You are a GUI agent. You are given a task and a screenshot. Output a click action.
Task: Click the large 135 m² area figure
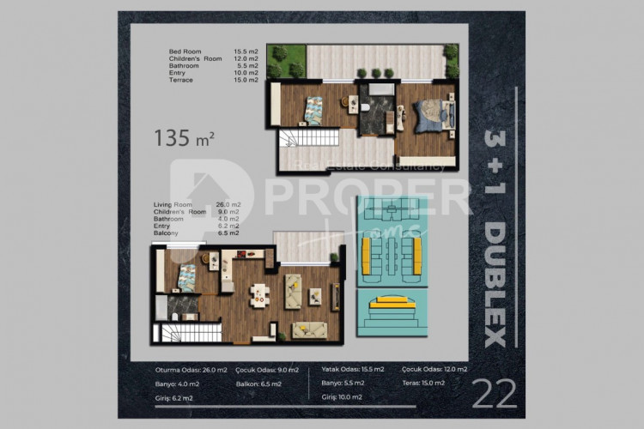click(183, 135)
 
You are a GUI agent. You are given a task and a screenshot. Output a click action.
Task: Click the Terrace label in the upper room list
click(181, 80)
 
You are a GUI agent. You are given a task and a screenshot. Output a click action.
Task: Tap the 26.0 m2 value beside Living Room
click(227, 204)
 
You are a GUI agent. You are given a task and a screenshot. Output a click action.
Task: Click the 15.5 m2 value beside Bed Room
click(246, 52)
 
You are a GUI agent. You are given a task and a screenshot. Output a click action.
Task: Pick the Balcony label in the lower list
click(166, 233)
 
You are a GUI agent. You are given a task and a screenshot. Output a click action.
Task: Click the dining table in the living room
click(258, 294)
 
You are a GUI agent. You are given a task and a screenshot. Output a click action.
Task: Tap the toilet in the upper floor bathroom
click(365, 106)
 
